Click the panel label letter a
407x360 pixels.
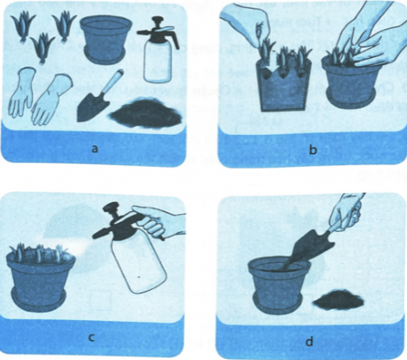[94, 149]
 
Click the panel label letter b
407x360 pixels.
[313, 150]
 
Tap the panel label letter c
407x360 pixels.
[91, 337]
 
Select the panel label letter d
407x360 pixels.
[309, 342]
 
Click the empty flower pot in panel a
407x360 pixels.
[106, 39]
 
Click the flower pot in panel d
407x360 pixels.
[279, 286]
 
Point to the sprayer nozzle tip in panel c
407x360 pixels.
[94, 236]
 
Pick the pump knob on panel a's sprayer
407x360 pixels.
[158, 22]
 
